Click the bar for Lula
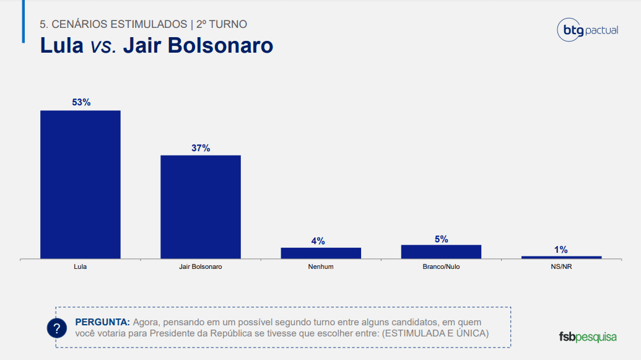(80, 185)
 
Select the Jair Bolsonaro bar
(200, 207)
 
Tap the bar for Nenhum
(321, 253)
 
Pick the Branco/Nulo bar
(441, 252)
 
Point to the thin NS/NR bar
(561, 257)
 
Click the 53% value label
(81, 102)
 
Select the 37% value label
(201, 148)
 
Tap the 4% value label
(318, 241)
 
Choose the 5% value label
(442, 239)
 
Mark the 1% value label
(561, 250)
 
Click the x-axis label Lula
(80, 266)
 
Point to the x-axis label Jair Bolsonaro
(200, 266)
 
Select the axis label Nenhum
(321, 266)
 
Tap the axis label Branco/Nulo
(441, 266)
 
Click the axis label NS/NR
(561, 266)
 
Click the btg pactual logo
(588, 30)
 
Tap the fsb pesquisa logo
(588, 337)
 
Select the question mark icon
(57, 328)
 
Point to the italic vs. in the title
(103, 45)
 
